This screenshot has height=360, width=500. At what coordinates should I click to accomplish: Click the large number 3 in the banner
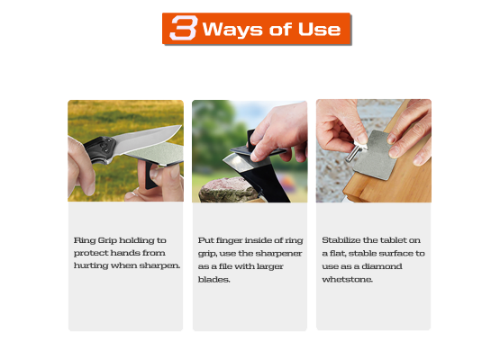[x=184, y=28]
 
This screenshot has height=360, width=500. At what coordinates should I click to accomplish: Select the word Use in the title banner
[x=319, y=30]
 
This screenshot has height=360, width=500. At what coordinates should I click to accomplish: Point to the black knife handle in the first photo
[x=99, y=148]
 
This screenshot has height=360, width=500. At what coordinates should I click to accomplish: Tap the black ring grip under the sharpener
[x=150, y=175]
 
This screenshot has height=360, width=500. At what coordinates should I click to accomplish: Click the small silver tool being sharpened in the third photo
[x=355, y=153]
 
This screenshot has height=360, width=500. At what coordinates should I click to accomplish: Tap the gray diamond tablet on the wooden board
[x=375, y=155]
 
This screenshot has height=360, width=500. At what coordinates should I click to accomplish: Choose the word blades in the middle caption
[x=214, y=279]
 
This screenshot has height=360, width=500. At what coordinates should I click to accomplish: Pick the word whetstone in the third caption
[x=347, y=279]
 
